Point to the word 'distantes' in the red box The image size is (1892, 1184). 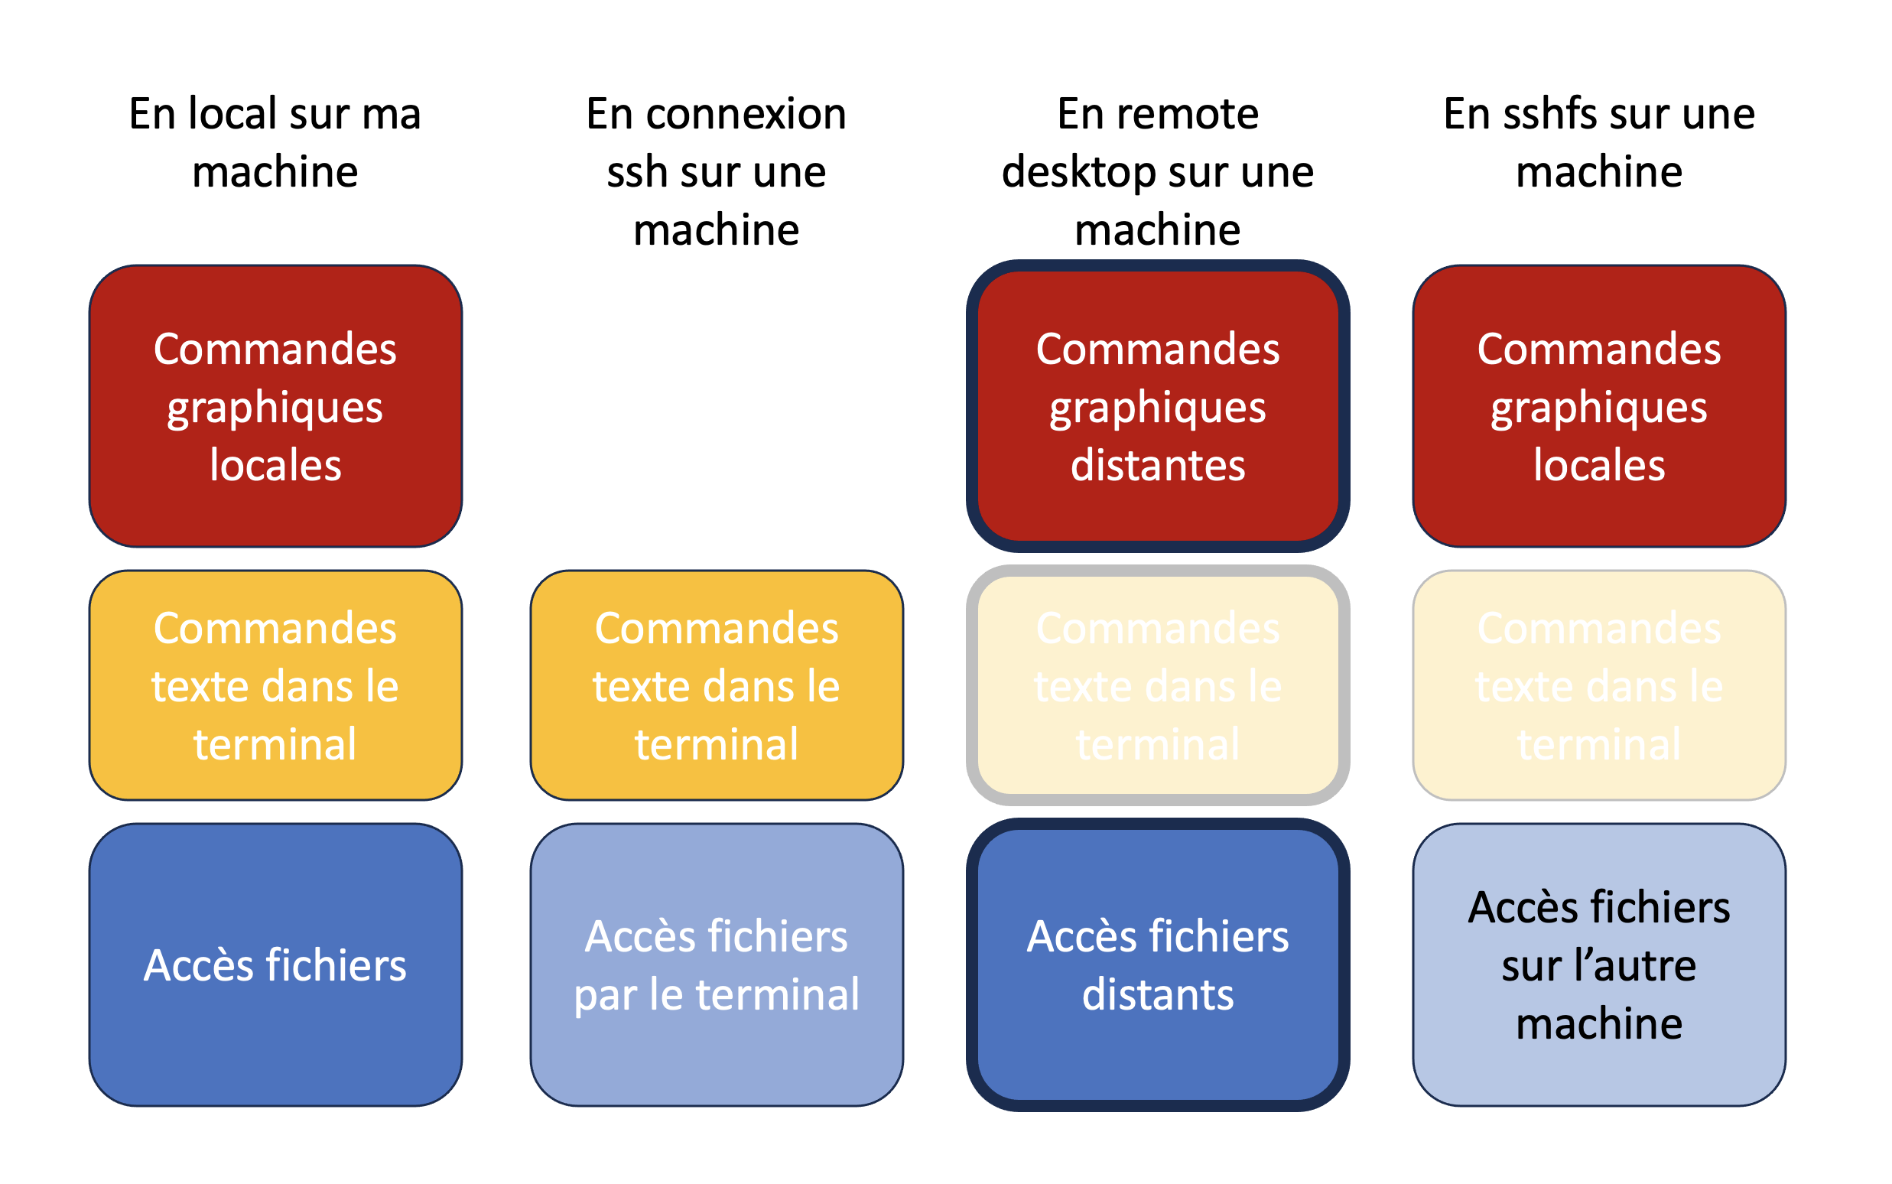1157,465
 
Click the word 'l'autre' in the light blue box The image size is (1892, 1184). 1636,964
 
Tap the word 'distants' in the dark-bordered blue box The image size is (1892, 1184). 1157,994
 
